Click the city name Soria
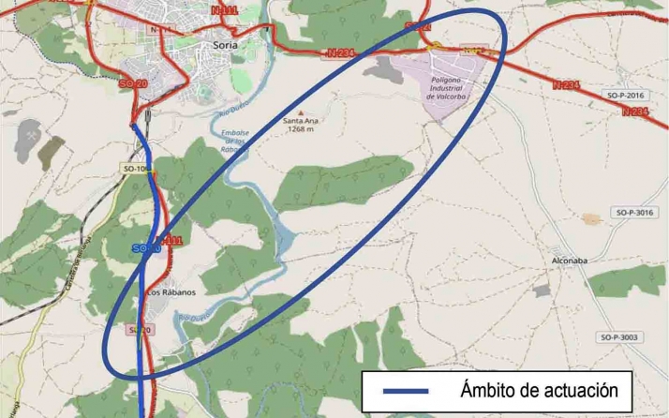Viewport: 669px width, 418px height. (x=226, y=44)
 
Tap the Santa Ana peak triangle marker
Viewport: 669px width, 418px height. (x=300, y=112)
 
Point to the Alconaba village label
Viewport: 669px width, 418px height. (x=569, y=260)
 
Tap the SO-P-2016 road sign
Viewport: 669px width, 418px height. (x=625, y=96)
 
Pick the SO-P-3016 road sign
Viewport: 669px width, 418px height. (x=634, y=213)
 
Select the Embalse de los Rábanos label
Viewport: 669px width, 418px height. (x=235, y=142)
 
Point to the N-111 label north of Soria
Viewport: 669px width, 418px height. (x=225, y=10)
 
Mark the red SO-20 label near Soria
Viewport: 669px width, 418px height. (x=133, y=84)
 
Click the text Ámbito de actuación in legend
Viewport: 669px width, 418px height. (x=540, y=390)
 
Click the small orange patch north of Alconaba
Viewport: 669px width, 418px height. (x=590, y=219)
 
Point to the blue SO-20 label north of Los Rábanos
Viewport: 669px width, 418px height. (x=145, y=248)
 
